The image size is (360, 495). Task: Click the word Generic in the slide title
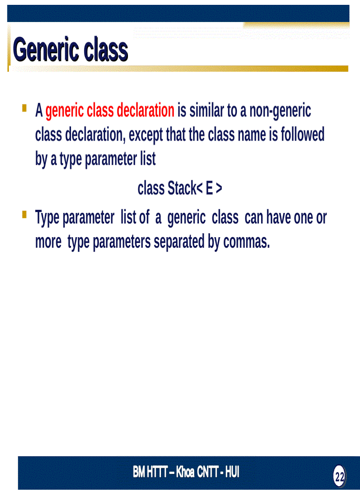(40, 50)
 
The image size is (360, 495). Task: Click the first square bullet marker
(25, 108)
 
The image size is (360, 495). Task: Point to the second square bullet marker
(25, 215)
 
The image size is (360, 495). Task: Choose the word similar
(206, 111)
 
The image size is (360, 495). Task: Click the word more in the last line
(48, 242)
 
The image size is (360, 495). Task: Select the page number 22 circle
(339, 476)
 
